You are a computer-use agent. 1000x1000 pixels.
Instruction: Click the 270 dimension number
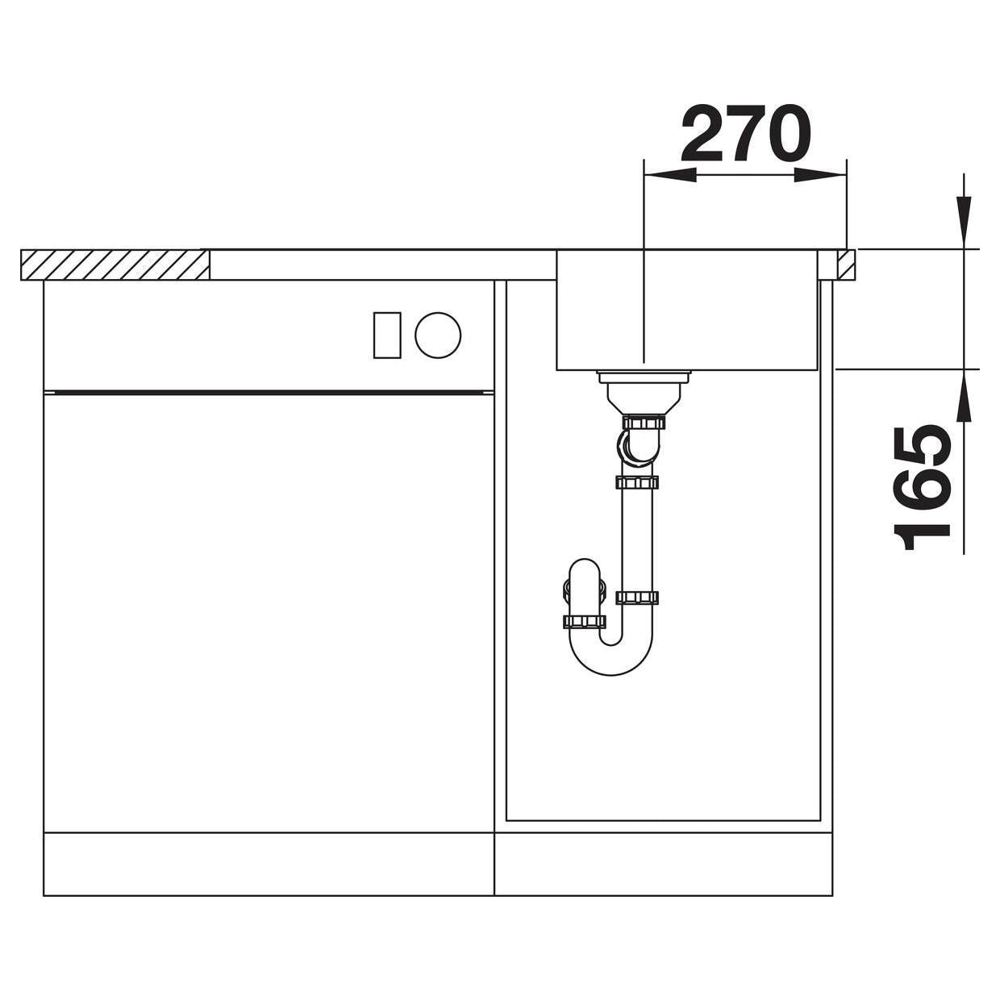tap(745, 134)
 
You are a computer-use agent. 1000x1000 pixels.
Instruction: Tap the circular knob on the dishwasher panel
tap(438, 335)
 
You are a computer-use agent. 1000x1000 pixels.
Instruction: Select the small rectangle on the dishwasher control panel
tap(387, 335)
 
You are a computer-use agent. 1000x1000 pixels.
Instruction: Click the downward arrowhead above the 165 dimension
tap(965, 223)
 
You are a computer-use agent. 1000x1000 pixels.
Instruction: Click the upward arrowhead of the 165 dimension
tap(965, 395)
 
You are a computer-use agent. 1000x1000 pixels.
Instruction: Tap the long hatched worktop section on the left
tap(115, 265)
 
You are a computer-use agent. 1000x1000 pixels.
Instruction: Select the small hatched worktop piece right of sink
tap(846, 265)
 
